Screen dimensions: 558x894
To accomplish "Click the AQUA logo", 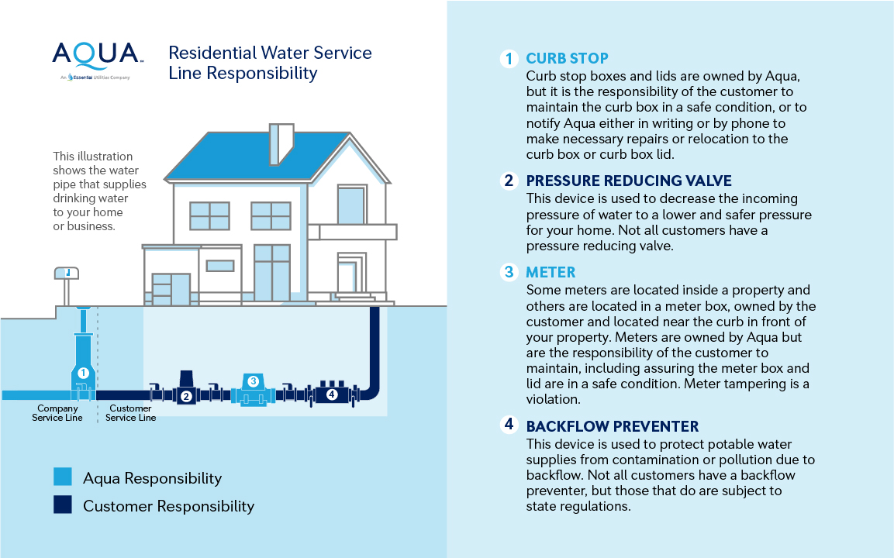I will [x=97, y=54].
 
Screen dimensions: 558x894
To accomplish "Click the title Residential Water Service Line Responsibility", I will [x=270, y=64].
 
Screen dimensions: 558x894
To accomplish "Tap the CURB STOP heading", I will [x=567, y=59].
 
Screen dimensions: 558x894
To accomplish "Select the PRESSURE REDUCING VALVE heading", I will [x=629, y=181].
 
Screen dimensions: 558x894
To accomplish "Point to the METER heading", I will [x=551, y=272].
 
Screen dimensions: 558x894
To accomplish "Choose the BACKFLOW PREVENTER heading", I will [x=612, y=426].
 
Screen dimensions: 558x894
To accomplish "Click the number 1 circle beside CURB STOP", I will [x=509, y=59].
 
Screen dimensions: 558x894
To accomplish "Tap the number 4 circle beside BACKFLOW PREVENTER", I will [x=509, y=425].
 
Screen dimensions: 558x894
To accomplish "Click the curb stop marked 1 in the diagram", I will [x=83, y=364].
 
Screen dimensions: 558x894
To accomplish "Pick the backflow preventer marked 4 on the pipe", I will [x=332, y=392].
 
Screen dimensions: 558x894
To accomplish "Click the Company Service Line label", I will [x=57, y=413].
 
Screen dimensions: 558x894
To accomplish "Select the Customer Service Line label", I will [x=130, y=413].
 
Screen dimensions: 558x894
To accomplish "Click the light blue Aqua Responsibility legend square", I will [x=63, y=477].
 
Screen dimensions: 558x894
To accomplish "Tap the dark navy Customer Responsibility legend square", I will [x=63, y=505].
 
